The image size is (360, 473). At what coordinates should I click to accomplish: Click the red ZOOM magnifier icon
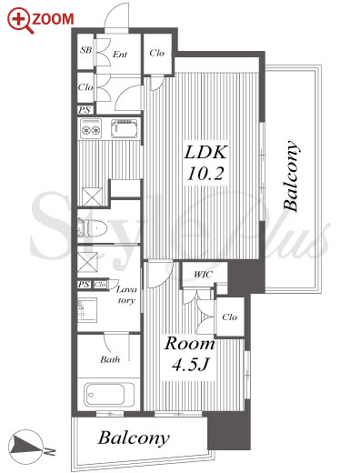tap(20, 20)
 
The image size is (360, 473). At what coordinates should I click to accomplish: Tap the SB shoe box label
tap(85, 50)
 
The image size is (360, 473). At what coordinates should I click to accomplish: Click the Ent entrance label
tap(120, 55)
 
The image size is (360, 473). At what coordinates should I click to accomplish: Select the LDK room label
tap(205, 152)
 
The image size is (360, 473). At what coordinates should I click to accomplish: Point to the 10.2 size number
tap(205, 174)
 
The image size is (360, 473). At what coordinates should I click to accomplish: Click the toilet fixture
tap(92, 227)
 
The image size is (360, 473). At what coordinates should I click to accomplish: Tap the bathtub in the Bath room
tap(109, 395)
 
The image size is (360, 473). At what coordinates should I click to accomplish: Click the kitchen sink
tap(124, 128)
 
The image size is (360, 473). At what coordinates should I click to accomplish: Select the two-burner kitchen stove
tap(91, 129)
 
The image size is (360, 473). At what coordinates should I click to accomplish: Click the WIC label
tap(203, 275)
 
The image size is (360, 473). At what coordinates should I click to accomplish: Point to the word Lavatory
tap(126, 295)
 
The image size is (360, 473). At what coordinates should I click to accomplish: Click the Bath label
tap(110, 359)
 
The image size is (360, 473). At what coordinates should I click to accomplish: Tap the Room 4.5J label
tap(190, 355)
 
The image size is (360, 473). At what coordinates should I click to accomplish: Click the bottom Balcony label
tap(134, 438)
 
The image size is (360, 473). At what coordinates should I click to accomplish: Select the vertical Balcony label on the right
tap(291, 176)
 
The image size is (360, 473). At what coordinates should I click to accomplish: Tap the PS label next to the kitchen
tap(85, 110)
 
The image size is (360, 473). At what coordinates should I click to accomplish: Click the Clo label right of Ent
tap(157, 53)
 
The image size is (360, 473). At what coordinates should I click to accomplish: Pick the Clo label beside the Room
tap(229, 317)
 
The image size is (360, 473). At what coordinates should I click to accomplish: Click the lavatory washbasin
tap(87, 310)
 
